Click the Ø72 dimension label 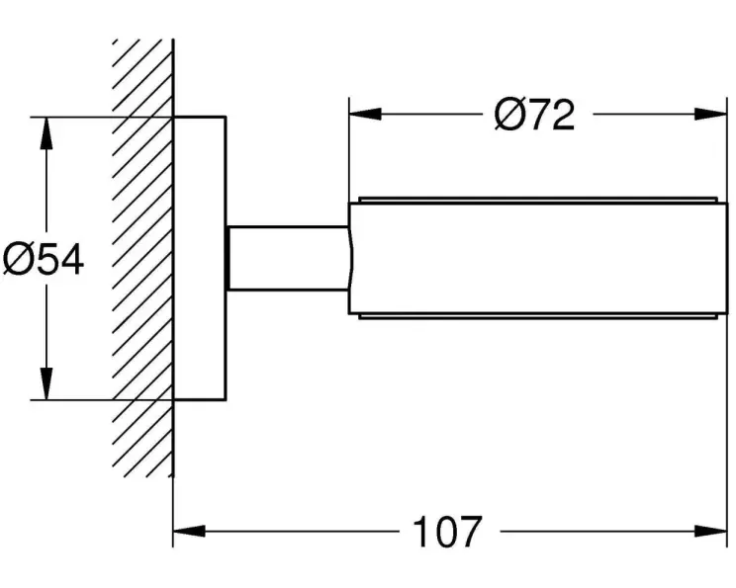[x=534, y=116]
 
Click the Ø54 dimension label [x=44, y=260]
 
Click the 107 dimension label [x=447, y=533]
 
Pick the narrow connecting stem [x=287, y=258]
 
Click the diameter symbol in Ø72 [x=508, y=116]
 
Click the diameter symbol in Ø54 [x=18, y=260]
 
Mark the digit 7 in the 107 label [x=469, y=533]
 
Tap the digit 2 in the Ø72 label [x=561, y=116]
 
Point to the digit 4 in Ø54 [x=70, y=260]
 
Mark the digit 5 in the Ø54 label [x=46, y=260]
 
